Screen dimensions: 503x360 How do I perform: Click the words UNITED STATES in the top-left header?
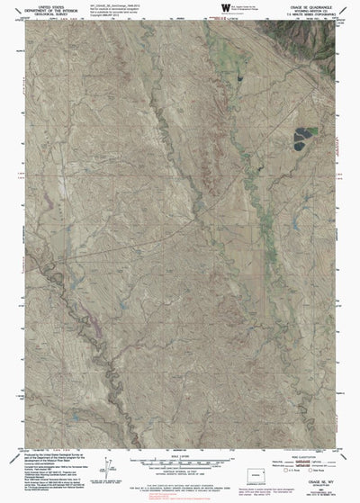click(x=33, y=5)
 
